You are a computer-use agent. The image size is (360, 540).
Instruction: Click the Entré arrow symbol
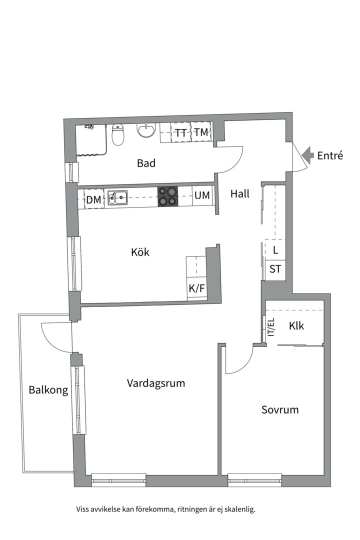[x=307, y=155]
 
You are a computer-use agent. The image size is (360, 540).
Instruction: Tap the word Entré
[x=330, y=155]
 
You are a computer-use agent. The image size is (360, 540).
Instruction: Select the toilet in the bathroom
[x=118, y=134]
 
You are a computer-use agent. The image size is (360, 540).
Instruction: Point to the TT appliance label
[x=181, y=133]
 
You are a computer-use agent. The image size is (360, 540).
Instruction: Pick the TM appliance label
[x=201, y=132]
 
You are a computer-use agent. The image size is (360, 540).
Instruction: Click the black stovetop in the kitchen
[x=168, y=196]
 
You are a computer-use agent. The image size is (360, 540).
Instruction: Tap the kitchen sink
[x=117, y=197]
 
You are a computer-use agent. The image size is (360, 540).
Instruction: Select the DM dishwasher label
[x=93, y=199]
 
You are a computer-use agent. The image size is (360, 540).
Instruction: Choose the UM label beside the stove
[x=202, y=195]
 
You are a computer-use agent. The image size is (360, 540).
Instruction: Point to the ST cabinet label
[x=275, y=268]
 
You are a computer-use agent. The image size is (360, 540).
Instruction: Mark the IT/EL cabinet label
[x=272, y=327]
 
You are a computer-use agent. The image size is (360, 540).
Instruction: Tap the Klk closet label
[x=296, y=325]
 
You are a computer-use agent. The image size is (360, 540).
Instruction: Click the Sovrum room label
[x=280, y=409]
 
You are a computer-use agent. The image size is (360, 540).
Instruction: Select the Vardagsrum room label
[x=156, y=383]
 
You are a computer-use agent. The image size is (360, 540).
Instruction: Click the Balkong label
[x=48, y=390]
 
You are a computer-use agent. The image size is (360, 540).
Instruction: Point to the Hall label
[x=240, y=193]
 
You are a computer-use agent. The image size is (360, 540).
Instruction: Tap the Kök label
[x=140, y=251]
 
